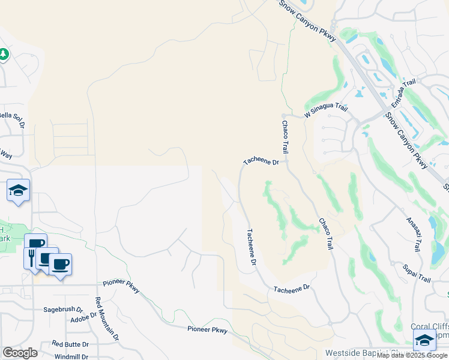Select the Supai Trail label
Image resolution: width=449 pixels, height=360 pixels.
[x=417, y=272]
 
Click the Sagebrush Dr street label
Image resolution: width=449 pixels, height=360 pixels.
[x=62, y=310]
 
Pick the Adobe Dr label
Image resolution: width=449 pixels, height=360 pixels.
[x=83, y=318]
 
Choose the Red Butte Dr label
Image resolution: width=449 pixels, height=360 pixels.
[x=70, y=344]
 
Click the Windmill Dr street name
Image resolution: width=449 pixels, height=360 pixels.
[x=70, y=356]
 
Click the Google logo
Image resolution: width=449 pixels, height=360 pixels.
[x=20, y=353]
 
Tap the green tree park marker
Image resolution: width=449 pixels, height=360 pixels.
[x=4, y=54]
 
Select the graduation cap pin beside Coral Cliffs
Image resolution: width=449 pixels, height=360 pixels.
[x=424, y=340]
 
